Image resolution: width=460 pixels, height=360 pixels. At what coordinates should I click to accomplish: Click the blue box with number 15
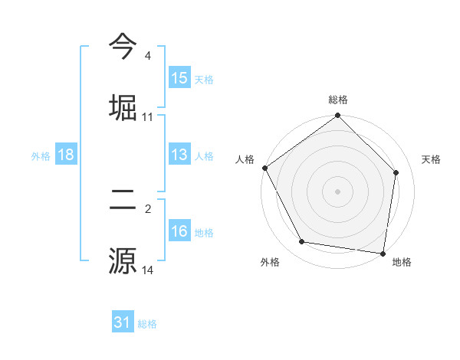[x=179, y=78]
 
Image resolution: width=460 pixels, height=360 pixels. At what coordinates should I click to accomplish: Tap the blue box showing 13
[x=179, y=155]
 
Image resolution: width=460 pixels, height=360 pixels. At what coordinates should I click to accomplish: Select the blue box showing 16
[x=179, y=231]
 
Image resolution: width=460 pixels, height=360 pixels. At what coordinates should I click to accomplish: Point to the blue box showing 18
[x=66, y=155]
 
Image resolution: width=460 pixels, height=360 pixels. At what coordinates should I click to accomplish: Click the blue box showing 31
[x=123, y=322]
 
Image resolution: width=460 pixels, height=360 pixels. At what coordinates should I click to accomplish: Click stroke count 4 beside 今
[x=148, y=56]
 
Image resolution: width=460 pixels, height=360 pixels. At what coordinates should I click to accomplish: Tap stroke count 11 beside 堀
[x=148, y=117]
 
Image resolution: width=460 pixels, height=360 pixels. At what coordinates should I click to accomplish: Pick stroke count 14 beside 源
[x=148, y=270]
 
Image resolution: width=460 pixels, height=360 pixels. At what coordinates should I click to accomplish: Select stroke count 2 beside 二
[x=148, y=208]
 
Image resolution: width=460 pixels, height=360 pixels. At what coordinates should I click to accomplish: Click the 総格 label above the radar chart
[x=338, y=100]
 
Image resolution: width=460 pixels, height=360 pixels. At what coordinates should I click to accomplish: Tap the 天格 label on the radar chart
[x=431, y=159]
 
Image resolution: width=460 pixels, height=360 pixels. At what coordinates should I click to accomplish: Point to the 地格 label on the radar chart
[x=402, y=262]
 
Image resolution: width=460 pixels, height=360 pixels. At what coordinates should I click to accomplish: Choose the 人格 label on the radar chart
[x=245, y=159]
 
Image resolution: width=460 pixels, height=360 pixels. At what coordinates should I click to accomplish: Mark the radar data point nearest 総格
[x=338, y=116]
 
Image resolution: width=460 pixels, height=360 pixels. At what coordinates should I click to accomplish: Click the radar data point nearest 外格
[x=302, y=242]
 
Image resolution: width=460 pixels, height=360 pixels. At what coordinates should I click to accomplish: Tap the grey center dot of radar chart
[x=338, y=191]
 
